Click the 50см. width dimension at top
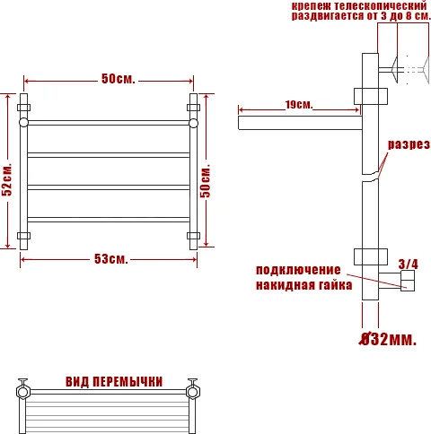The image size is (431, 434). tap(118, 80)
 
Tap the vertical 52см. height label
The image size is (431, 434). tap(7, 180)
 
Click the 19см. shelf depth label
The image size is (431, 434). tap(299, 105)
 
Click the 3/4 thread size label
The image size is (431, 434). tap(408, 263)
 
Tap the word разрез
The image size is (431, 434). tap(409, 144)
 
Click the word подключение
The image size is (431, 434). tap(298, 270)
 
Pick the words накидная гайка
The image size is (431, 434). tap(297, 286)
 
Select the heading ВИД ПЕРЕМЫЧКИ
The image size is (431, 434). tap(114, 381)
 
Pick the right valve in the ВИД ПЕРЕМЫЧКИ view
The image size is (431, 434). tap(191, 390)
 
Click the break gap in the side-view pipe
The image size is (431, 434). tap(370, 178)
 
